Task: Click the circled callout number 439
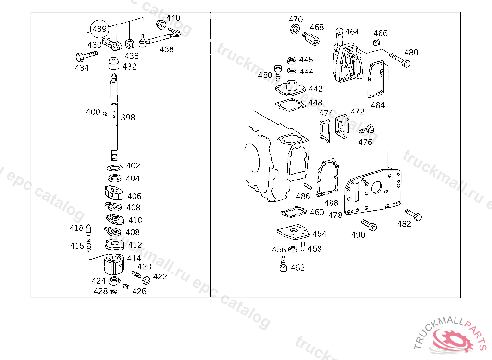coord(100,29)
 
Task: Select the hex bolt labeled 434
coord(86,56)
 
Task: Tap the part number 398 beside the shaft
coord(128,117)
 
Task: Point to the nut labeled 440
coord(161,24)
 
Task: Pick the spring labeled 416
coord(89,245)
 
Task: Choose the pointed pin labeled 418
coord(89,229)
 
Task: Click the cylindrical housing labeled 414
coord(114,264)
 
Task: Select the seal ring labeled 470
coord(295,29)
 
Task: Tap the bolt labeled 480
coord(400,60)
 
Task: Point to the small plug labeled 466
coord(377,42)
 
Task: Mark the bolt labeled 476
coord(367,129)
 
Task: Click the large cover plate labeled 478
coord(373,192)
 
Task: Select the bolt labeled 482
coord(414,215)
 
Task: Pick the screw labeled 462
coord(283,264)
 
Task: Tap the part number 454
coord(319,234)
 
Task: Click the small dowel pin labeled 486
coord(307,186)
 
